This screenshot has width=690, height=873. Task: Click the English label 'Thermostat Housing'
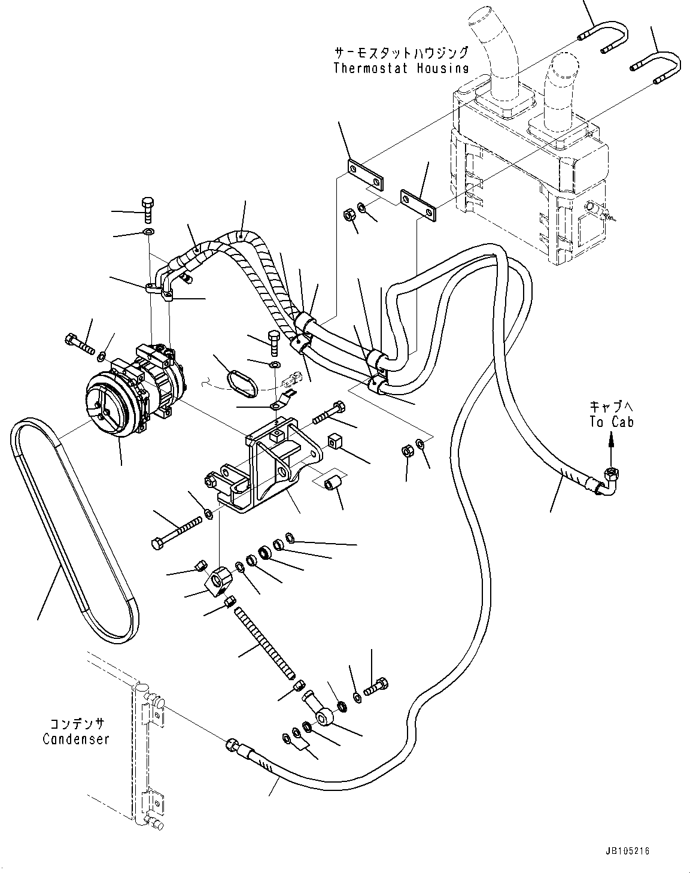click(x=400, y=68)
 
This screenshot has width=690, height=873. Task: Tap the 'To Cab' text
click(x=611, y=422)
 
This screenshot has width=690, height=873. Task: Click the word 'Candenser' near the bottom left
click(x=76, y=739)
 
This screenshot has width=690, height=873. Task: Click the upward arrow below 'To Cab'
click(x=611, y=446)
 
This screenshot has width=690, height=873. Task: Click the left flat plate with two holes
click(x=365, y=175)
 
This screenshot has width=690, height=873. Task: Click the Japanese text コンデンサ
click(x=77, y=724)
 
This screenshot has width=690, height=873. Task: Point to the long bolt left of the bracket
click(x=176, y=532)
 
